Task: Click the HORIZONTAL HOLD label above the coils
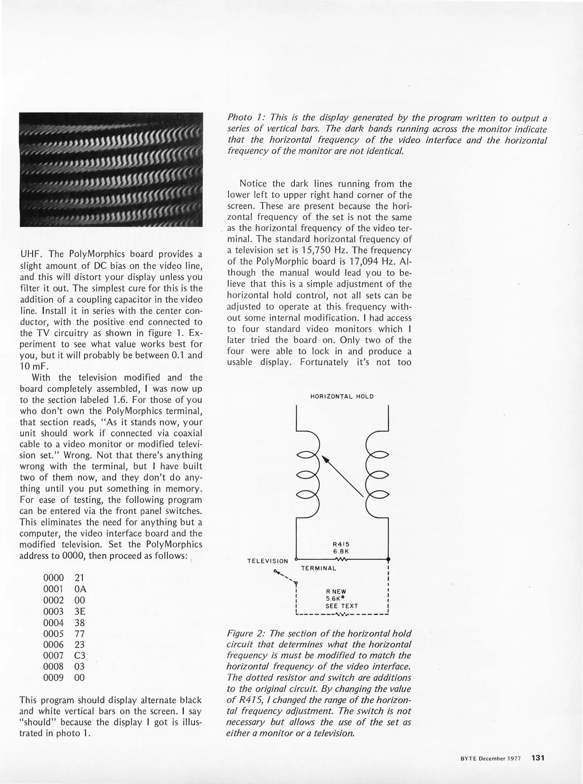342,396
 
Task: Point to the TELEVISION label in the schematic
268,561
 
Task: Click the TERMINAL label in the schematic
319,568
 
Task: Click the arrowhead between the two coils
326,460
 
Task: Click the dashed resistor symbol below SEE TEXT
342,614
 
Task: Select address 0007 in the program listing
53,656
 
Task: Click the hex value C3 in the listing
79,656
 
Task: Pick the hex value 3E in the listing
79,611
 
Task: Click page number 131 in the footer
538,758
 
